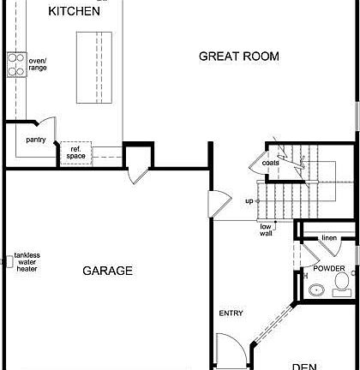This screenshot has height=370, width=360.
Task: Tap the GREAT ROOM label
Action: [x=239, y=57]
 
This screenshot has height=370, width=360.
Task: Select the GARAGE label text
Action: [x=107, y=271]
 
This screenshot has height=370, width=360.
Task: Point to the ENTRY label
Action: [x=231, y=313]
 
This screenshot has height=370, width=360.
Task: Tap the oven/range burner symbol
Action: [x=16, y=63]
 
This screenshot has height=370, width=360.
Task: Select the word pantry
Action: [x=35, y=139]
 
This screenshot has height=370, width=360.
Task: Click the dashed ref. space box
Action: [x=77, y=152]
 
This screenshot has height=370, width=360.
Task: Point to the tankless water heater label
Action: [x=27, y=263]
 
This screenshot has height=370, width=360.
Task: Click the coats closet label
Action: [x=270, y=163]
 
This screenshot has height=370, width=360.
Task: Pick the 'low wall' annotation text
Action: [x=267, y=230]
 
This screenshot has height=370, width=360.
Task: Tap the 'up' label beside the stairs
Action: [x=249, y=201]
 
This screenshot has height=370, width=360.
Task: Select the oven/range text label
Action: [x=38, y=63]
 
